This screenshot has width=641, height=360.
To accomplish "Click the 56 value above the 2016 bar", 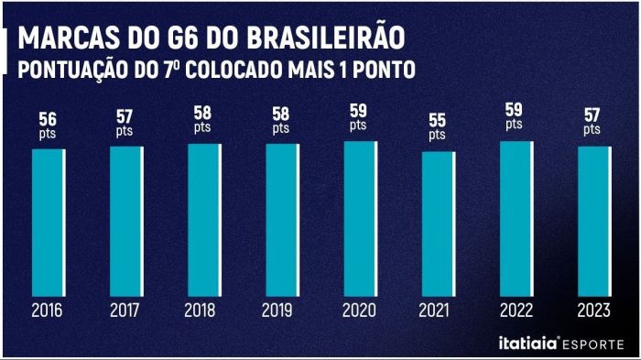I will pos(48,119).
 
